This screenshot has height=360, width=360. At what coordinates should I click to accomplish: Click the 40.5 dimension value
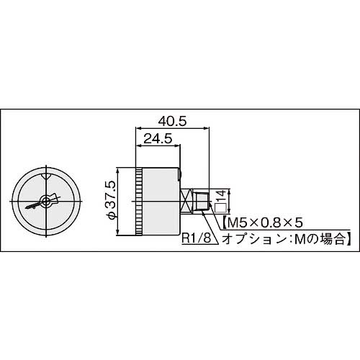170,122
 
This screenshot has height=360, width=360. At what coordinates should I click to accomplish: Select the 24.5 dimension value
156,140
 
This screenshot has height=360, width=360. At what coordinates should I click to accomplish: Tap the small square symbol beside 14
220,209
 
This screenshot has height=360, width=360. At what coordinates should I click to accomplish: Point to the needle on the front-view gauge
35,205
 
